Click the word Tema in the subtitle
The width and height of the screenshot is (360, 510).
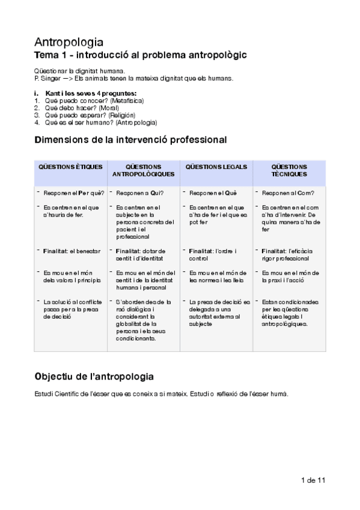coord(46,55)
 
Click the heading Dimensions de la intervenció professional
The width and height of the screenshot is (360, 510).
coord(130,140)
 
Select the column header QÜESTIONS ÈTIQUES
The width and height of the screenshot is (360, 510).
coord(71,167)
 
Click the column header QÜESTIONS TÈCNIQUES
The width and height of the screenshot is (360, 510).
coord(289,170)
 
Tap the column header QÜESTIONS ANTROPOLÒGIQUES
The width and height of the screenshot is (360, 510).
coord(144,170)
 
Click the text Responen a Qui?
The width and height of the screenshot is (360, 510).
coord(140,193)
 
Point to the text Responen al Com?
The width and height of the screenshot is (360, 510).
coord(286,193)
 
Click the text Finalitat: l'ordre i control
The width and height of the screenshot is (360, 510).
coord(213,254)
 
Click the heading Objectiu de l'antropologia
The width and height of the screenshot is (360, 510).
coord(94,376)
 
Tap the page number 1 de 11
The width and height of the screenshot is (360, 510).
coord(313,480)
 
